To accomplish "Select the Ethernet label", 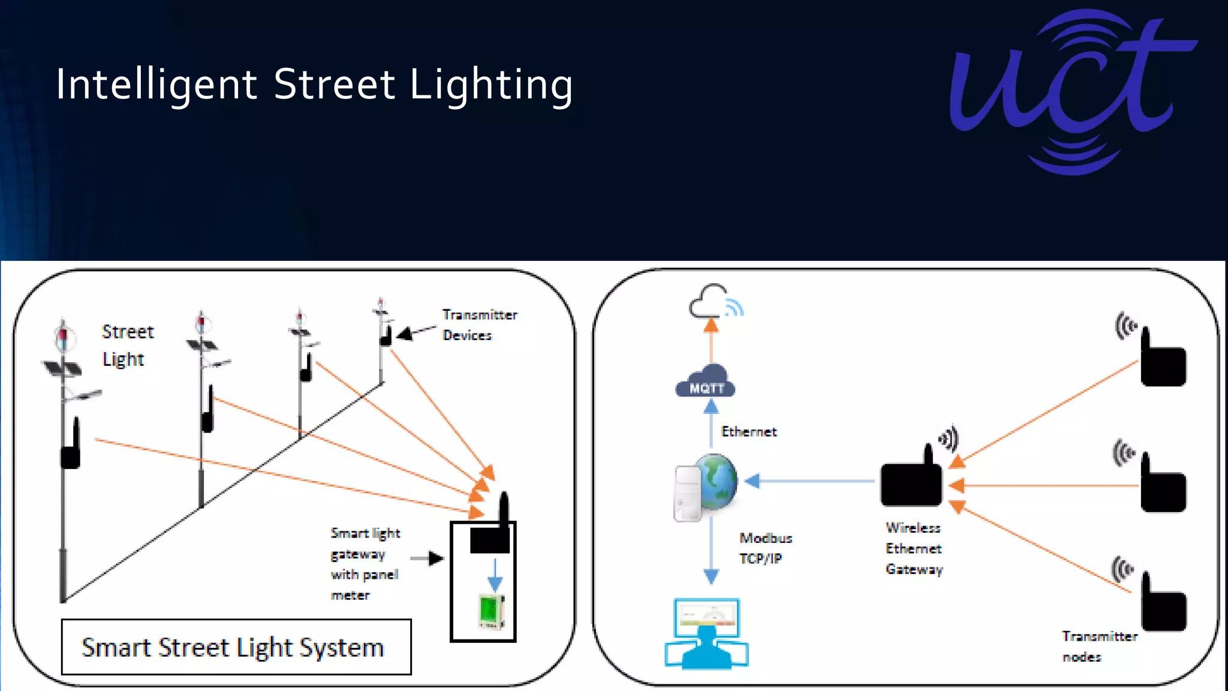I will coord(748,432).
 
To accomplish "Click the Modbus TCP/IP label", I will coord(765,548).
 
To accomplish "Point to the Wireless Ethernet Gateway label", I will coord(914,548).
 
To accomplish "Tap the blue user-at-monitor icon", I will coord(706,634).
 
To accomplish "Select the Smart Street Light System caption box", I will coord(236,647).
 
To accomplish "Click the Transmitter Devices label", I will coord(479,325).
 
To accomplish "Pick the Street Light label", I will coord(127,345).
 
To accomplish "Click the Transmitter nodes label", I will coord(1098,646).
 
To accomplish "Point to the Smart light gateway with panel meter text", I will coord(365,564).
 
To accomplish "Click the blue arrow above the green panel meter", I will coord(495,575).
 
